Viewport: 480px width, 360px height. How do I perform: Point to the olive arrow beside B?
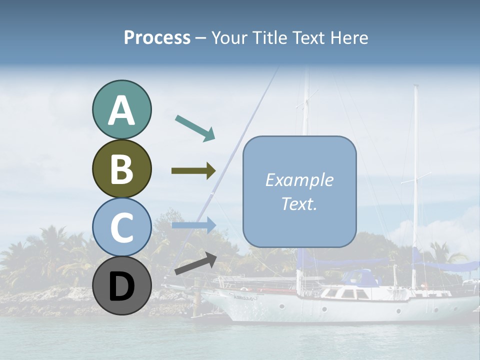193,171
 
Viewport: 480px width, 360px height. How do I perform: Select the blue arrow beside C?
193,225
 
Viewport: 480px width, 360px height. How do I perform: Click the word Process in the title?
157,37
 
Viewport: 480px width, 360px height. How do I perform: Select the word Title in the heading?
269,37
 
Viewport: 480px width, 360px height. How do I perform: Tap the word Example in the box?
299,180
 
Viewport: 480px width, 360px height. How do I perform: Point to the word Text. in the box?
299,203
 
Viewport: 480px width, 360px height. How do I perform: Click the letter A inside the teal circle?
121,110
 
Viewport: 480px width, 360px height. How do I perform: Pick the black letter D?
121,286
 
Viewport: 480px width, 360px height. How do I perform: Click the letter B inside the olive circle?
121,169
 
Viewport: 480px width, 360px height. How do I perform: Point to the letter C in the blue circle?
121,227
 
